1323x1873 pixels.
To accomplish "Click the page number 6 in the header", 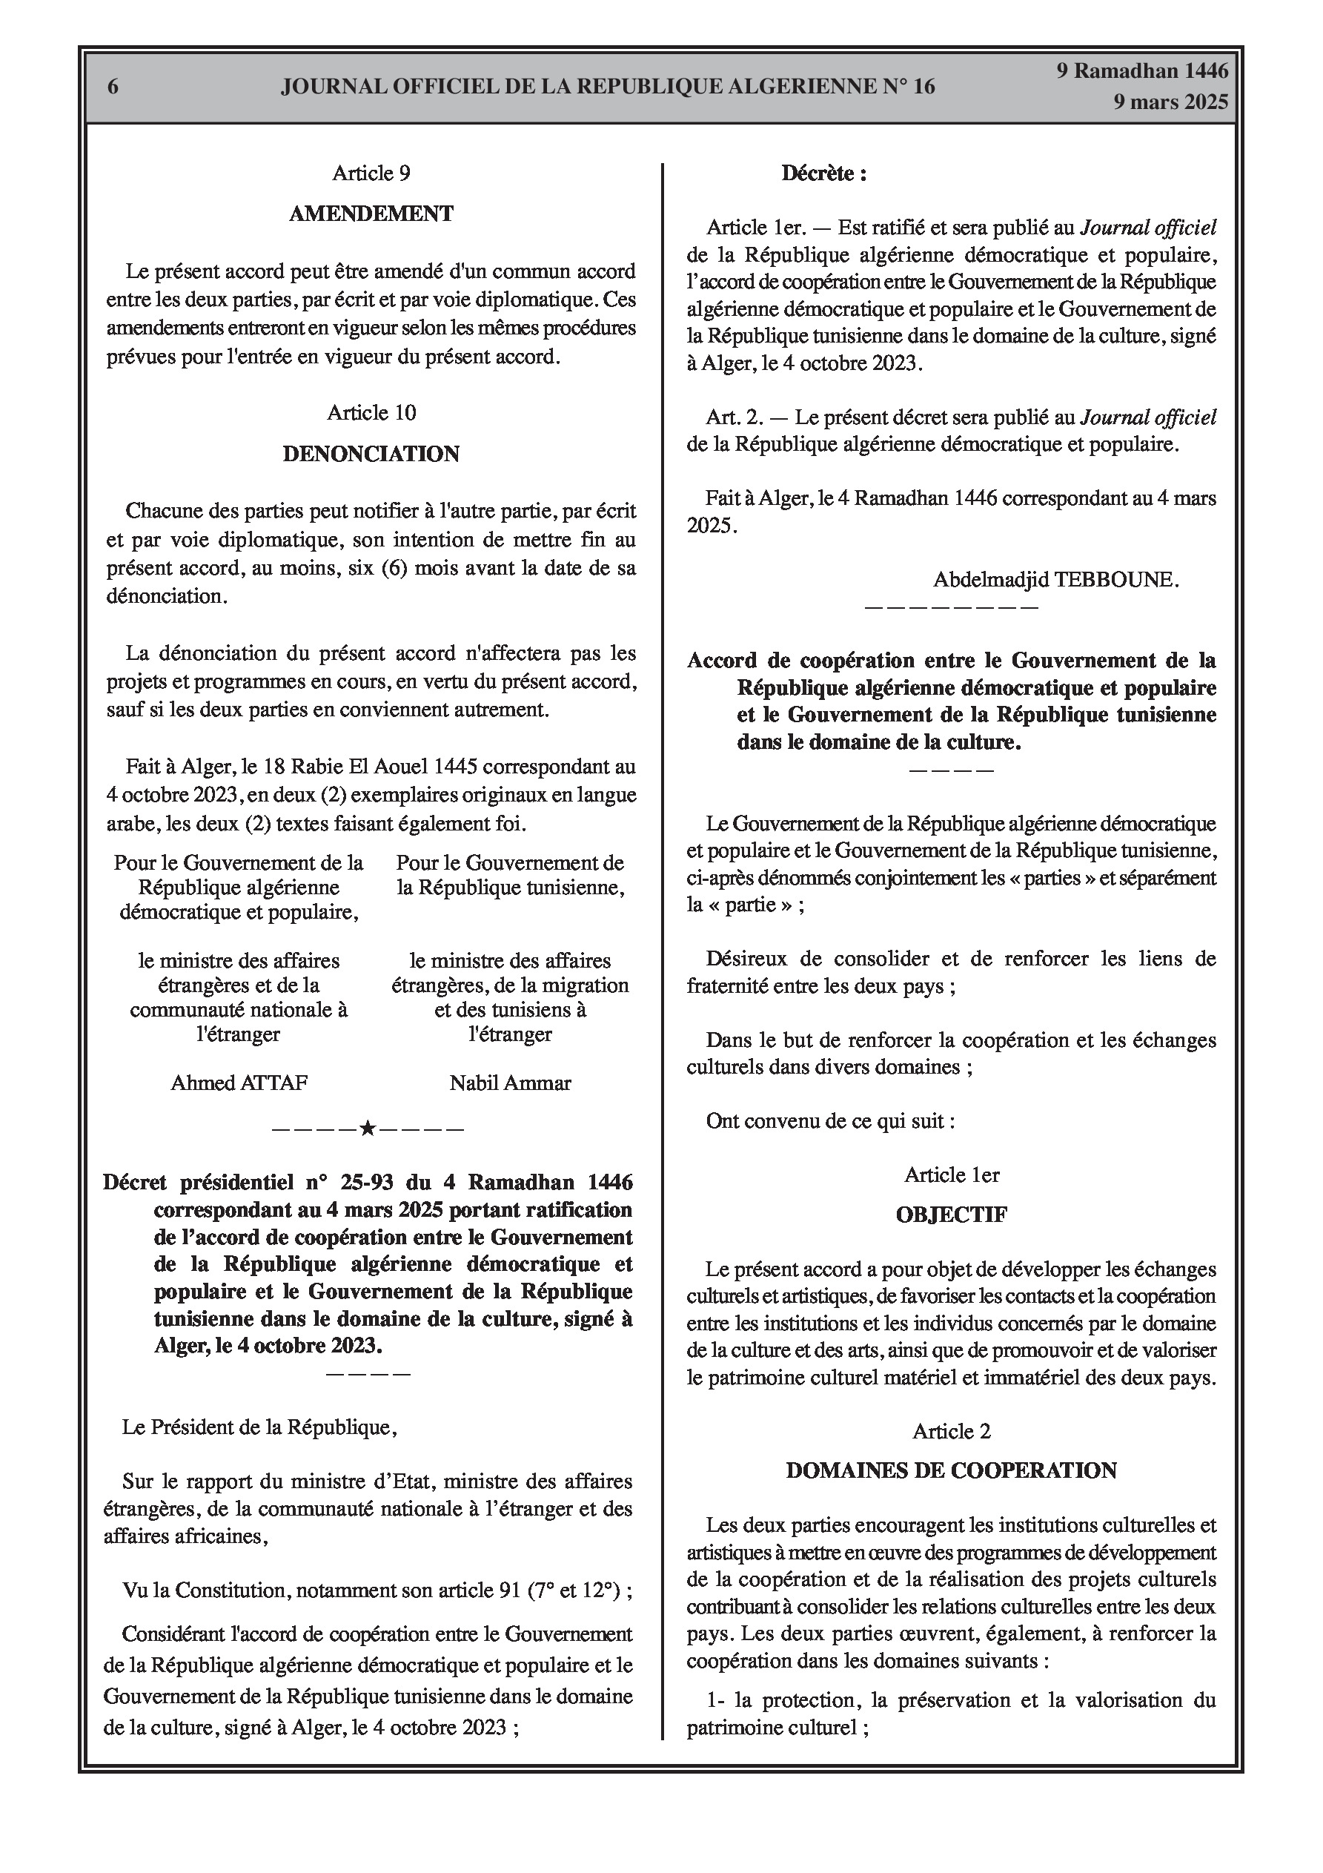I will (113, 87).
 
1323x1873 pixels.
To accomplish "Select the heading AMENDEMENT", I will (371, 214).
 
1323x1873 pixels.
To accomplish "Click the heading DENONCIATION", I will (371, 454).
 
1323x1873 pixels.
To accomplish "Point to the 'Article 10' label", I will (371, 413).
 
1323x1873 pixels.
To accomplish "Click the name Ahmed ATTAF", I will (239, 1083).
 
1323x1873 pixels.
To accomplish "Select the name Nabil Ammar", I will (510, 1083).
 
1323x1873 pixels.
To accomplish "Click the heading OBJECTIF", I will (951, 1215).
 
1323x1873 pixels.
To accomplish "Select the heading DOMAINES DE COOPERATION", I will (951, 1471).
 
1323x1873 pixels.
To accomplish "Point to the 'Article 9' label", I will (371, 173).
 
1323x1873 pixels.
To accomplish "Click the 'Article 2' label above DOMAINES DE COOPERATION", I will (951, 1431).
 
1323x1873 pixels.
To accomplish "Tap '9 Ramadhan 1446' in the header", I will (1142, 71).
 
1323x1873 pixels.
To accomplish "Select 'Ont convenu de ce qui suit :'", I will (830, 1120).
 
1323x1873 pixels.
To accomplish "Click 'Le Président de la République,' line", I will (259, 1427).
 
